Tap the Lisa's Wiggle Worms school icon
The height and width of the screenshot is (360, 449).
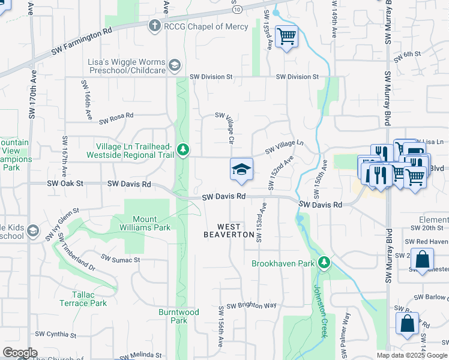(175, 65)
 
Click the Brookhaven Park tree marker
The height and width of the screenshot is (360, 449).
(324, 263)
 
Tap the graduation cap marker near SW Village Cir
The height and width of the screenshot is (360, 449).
(241, 170)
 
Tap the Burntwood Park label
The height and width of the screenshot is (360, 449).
(179, 316)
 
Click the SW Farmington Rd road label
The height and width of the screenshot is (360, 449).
(82, 41)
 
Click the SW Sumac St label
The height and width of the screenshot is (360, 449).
(120, 259)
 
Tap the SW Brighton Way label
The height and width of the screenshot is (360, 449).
(251, 305)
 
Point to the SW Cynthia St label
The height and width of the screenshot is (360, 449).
(56, 334)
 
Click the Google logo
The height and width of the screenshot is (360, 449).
(20, 353)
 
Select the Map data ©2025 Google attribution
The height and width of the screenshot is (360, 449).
(411, 355)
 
